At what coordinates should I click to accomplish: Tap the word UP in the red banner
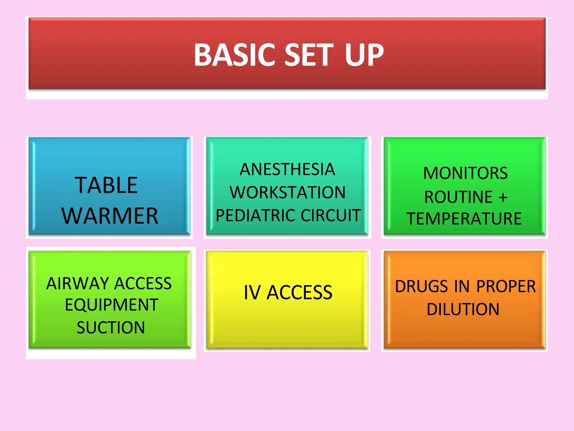coord(364,55)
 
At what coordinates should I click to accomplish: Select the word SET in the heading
coord(309,55)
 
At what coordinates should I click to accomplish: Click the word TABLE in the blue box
coord(106,185)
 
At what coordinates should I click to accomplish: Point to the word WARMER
coord(110,216)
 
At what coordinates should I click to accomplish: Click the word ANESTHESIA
coord(287,169)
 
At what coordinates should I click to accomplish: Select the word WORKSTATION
coord(288,192)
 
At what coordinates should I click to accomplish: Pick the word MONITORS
coord(465,173)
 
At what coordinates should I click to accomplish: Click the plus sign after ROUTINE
coord(503,197)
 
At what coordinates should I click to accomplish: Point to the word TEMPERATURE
coord(464,219)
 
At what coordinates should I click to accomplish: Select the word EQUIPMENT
coord(112,305)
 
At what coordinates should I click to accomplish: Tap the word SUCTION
coord(111,327)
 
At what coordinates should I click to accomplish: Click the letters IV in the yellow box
coord(252,293)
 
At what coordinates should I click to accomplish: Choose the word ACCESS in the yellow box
coord(299,293)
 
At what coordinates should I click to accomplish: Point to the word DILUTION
coord(463,309)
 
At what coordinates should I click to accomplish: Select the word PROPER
coord(506,286)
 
